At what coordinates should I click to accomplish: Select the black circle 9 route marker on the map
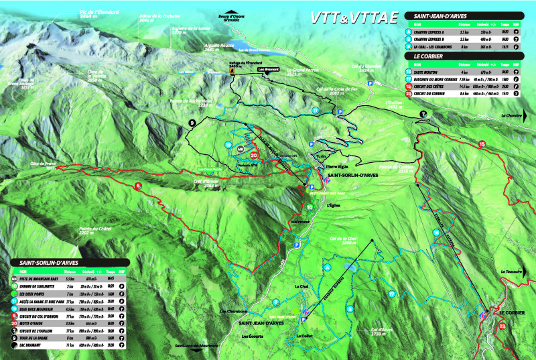tap(192, 123)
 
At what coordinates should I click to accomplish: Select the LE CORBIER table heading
tap(428, 57)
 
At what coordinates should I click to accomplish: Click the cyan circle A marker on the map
tap(328, 267)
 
